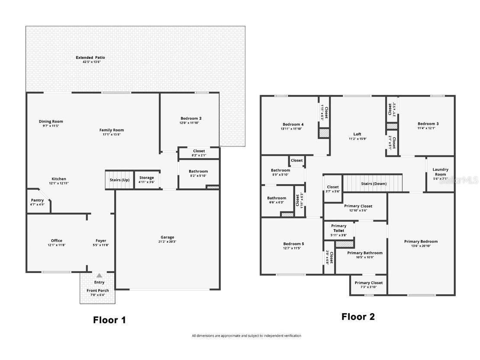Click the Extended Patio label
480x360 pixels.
tap(90, 58)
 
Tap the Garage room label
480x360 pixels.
tap(168, 237)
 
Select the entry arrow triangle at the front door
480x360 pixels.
tap(99, 275)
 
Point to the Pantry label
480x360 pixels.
tap(37, 200)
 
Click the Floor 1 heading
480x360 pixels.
tap(110, 320)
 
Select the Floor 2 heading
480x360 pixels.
tap(358, 317)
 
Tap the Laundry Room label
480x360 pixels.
tap(440, 172)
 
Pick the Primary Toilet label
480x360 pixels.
tap(338, 228)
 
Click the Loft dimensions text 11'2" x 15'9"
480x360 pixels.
tap(357, 139)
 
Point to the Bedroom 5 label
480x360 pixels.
tap(293, 244)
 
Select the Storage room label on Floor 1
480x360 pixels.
tap(147, 178)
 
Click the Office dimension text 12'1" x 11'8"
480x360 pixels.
tap(56, 245)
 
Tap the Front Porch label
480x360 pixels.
tap(97, 290)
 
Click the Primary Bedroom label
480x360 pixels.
tap(421, 241)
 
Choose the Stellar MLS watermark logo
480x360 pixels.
tap(458, 180)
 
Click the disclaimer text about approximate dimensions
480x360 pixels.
tap(246, 336)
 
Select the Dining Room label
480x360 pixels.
tap(51, 122)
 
